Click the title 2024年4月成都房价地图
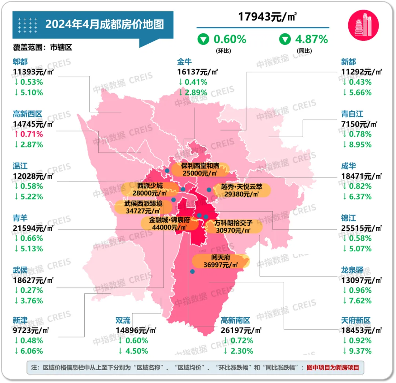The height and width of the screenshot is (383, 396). point(104,25)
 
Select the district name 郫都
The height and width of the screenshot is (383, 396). point(20,62)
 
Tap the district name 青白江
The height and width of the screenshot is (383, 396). point(352,114)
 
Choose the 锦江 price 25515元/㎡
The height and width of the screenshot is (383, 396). point(362,228)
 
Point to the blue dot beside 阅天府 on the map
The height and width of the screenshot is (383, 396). point(192,271)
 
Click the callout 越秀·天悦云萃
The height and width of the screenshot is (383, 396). point(242,190)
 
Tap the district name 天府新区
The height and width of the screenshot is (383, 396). point(356,320)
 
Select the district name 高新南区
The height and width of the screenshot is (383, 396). point(235,320)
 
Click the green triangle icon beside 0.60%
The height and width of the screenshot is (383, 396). point(203,39)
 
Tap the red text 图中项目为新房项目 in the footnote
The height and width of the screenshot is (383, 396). point(333,367)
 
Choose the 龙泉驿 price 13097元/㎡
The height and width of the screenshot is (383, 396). point(362,280)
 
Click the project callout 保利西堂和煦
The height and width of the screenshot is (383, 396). point(200,169)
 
